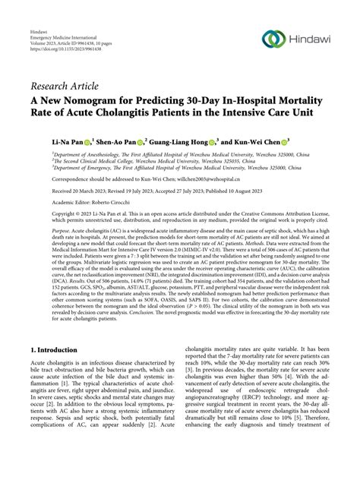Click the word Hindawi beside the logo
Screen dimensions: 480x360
(x=313, y=39)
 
